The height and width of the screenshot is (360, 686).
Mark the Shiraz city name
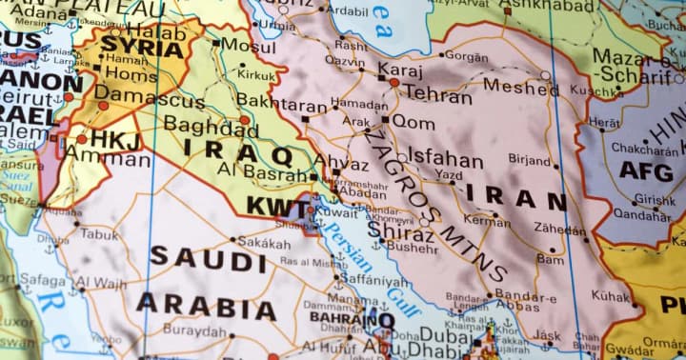point(400,230)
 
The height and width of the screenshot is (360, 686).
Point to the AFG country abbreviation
point(646,170)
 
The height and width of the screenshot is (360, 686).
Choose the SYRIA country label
point(141,45)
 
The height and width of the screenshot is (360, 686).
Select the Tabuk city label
point(100,233)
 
